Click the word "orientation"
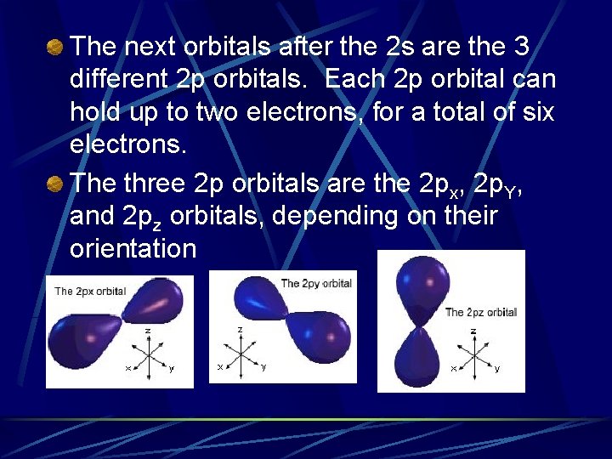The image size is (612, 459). point(133,250)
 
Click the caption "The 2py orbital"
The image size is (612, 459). point(315,283)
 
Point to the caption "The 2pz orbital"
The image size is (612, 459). point(480,312)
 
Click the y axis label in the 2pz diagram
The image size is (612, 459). point(497,369)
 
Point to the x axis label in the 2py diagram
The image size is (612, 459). point(219,367)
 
